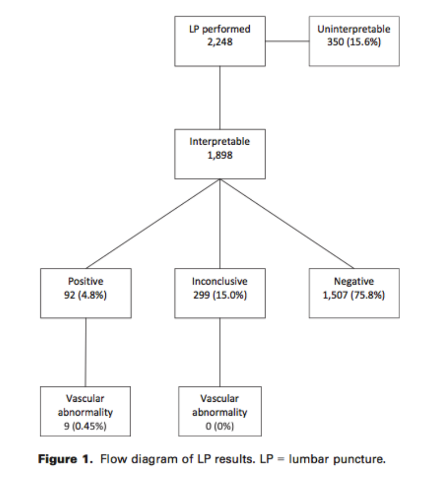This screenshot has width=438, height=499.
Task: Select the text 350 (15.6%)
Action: [354, 44]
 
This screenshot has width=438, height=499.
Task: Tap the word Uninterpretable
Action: [354, 30]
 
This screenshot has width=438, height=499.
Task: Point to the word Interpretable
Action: [219, 142]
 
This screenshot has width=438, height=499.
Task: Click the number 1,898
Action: [219, 156]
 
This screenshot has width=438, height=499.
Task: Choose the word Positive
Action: [85, 281]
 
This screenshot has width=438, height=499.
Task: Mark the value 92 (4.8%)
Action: [85, 295]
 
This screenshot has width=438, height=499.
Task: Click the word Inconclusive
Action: [219, 281]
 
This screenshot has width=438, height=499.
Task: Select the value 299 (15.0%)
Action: [219, 295]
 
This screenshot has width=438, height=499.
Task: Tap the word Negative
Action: [354, 281]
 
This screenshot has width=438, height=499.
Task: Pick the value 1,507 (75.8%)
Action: [354, 295]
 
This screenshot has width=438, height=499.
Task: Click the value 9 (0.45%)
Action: [85, 426]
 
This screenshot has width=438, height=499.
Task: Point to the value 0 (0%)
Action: [219, 426]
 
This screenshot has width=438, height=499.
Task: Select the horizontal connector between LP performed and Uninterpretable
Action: [287, 42]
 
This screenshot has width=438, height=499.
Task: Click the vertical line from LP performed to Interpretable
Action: [220, 98]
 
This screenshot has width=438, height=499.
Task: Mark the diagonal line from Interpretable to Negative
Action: [287, 224]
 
